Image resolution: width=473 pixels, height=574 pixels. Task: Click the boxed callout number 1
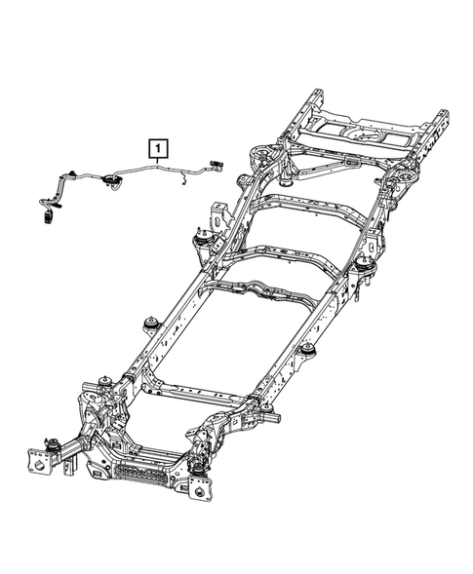pyautogui.click(x=158, y=149)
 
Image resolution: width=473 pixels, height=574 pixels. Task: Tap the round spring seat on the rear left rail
pyautogui.click(x=261, y=155)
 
